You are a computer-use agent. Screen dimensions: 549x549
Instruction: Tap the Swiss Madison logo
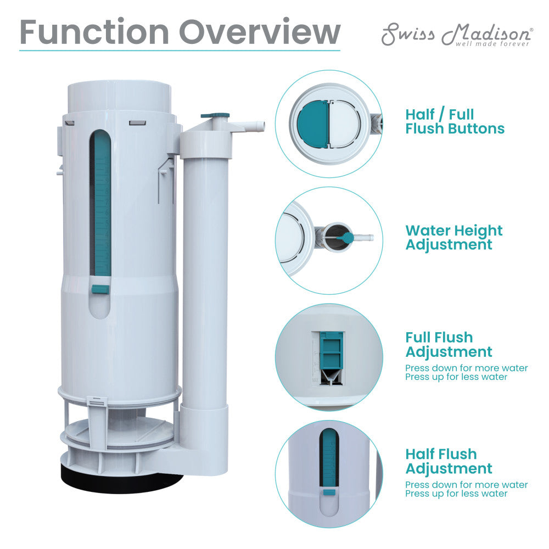click(456, 34)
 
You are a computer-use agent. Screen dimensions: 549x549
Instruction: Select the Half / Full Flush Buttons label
click(455, 122)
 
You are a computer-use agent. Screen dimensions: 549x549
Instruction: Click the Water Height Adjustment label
click(454, 238)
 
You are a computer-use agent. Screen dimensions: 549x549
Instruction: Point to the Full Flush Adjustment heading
click(449, 344)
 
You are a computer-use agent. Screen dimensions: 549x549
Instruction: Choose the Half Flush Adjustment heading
click(449, 461)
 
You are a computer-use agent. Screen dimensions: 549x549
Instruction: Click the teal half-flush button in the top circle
click(312, 124)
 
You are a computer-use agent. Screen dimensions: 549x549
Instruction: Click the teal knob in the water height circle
click(348, 238)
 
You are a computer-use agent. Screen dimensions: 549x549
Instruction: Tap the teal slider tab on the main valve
click(99, 289)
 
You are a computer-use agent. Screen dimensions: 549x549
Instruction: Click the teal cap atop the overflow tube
click(215, 115)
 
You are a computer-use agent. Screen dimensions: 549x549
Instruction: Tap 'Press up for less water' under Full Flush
click(456, 377)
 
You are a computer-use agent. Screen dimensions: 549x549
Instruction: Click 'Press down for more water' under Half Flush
click(466, 485)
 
